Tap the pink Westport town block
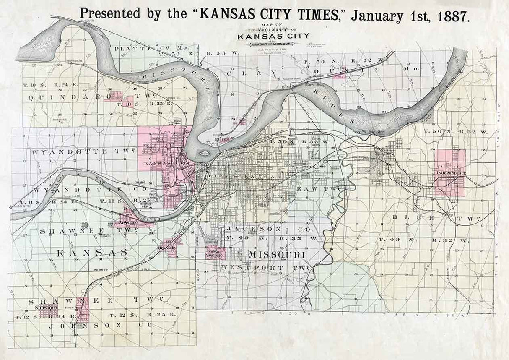[215, 253]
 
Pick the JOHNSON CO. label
[88, 325]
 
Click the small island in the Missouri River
[205, 154]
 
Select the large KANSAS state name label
[92, 252]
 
